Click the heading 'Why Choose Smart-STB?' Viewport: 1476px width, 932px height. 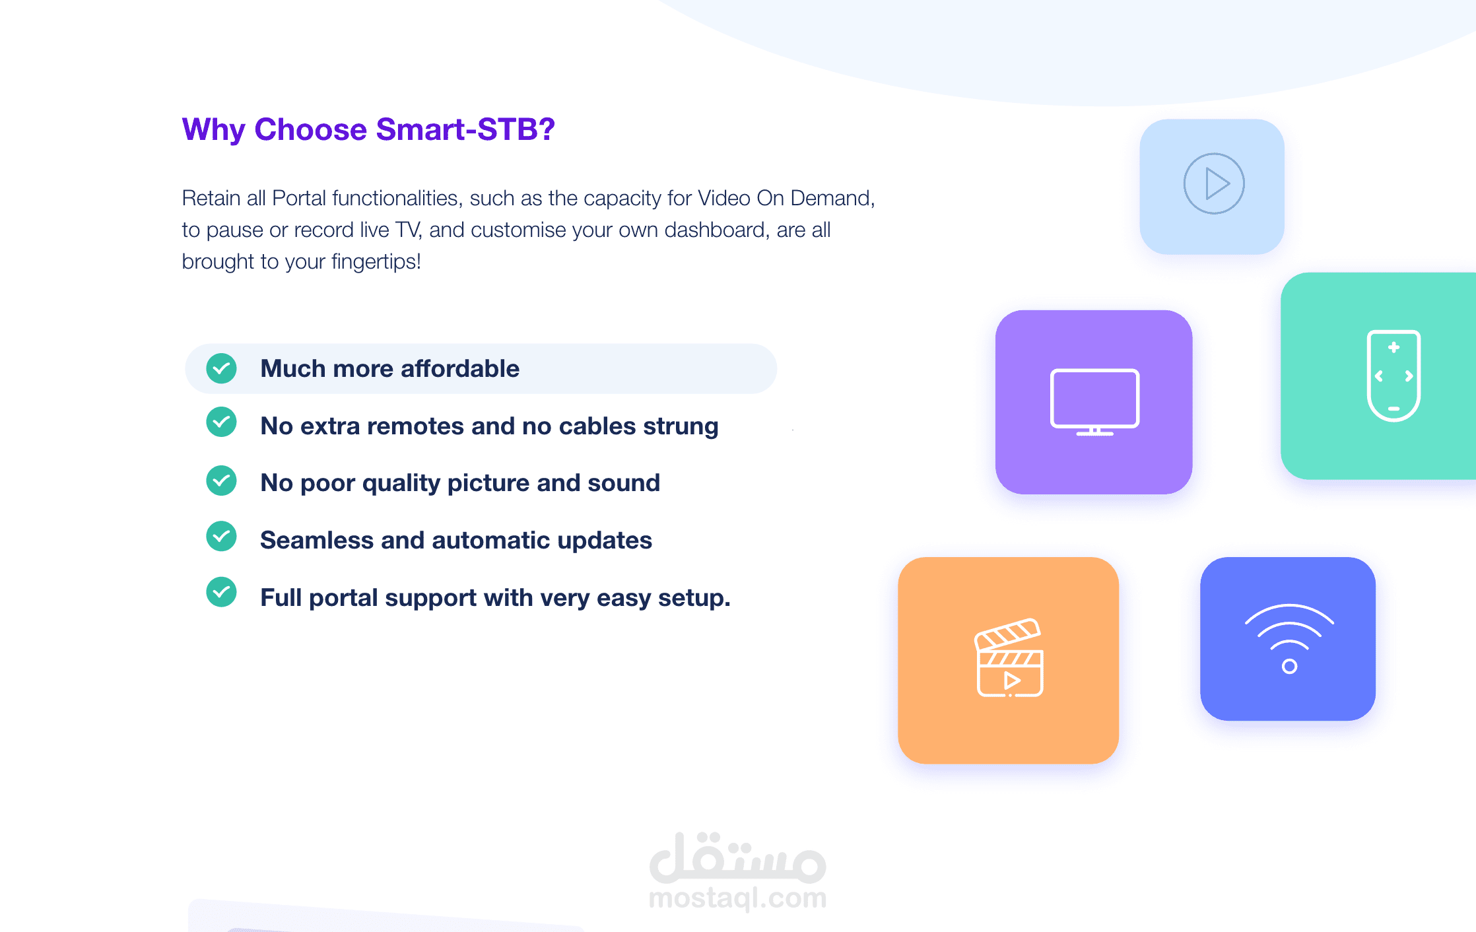368,129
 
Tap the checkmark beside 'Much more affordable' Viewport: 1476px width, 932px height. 222,368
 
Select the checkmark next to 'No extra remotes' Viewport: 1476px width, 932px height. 222,422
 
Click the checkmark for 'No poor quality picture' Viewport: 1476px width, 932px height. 222,481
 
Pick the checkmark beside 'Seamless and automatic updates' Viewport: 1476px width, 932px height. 222,537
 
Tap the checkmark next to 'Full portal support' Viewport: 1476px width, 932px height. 222,592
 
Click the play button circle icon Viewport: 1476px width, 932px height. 1214,183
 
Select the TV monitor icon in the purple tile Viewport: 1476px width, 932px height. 1094,402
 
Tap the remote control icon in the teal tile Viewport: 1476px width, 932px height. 1393,376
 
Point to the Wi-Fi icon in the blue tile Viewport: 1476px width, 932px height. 1289,638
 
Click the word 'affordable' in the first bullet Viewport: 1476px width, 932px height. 460,368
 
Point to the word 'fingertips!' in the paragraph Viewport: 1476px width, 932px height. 376,261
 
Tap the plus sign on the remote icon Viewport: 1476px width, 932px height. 1393,347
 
